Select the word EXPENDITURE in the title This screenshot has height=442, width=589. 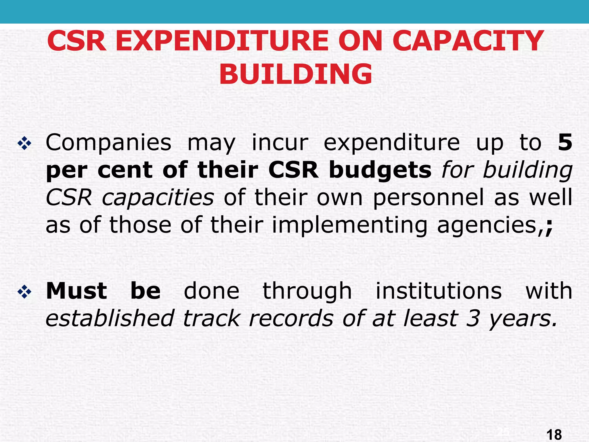(x=222, y=41)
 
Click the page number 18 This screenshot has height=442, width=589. (x=553, y=434)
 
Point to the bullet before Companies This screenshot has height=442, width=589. (x=24, y=143)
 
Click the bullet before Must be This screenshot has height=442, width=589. (x=24, y=292)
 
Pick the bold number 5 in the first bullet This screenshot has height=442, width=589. (x=565, y=142)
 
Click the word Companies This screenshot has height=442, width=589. (x=108, y=143)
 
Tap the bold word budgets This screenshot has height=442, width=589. (x=380, y=170)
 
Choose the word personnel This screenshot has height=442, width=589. (x=428, y=198)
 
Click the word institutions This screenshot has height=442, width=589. (x=439, y=291)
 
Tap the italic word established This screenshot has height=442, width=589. (x=110, y=318)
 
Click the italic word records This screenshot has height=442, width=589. (x=291, y=318)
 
